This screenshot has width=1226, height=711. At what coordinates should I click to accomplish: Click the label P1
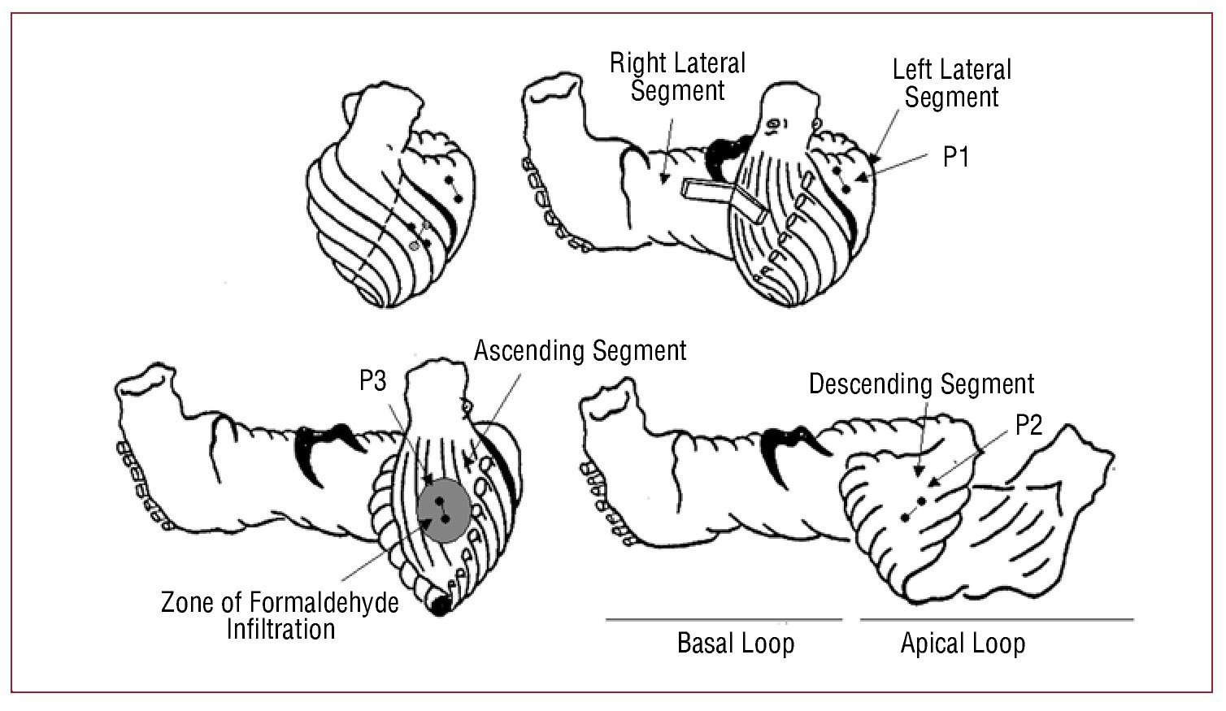tap(956, 157)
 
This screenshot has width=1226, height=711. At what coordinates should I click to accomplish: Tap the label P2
tap(1028, 425)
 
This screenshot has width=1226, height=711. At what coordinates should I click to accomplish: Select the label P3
tap(373, 380)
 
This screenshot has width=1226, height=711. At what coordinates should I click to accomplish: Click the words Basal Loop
tap(736, 644)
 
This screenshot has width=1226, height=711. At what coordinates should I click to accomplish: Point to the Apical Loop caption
tap(963, 644)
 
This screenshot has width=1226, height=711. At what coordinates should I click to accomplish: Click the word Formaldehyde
tap(324, 603)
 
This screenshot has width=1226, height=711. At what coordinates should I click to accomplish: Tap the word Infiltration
tap(280, 629)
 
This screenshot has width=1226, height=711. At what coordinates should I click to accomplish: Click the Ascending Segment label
tap(580, 350)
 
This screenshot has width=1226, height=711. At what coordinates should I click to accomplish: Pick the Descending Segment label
tap(921, 384)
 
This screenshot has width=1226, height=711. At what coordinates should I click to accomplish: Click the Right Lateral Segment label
tap(677, 76)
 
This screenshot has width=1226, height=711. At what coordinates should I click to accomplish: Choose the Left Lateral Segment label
tap(951, 83)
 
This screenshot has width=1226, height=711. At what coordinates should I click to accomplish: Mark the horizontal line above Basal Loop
tap(724, 620)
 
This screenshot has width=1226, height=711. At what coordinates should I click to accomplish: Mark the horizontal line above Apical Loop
tap(996, 620)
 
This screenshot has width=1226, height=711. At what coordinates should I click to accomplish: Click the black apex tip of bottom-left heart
tap(441, 605)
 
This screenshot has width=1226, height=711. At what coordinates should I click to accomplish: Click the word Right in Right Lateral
tap(636, 63)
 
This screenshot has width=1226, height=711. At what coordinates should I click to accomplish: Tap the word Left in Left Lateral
tap(912, 70)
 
